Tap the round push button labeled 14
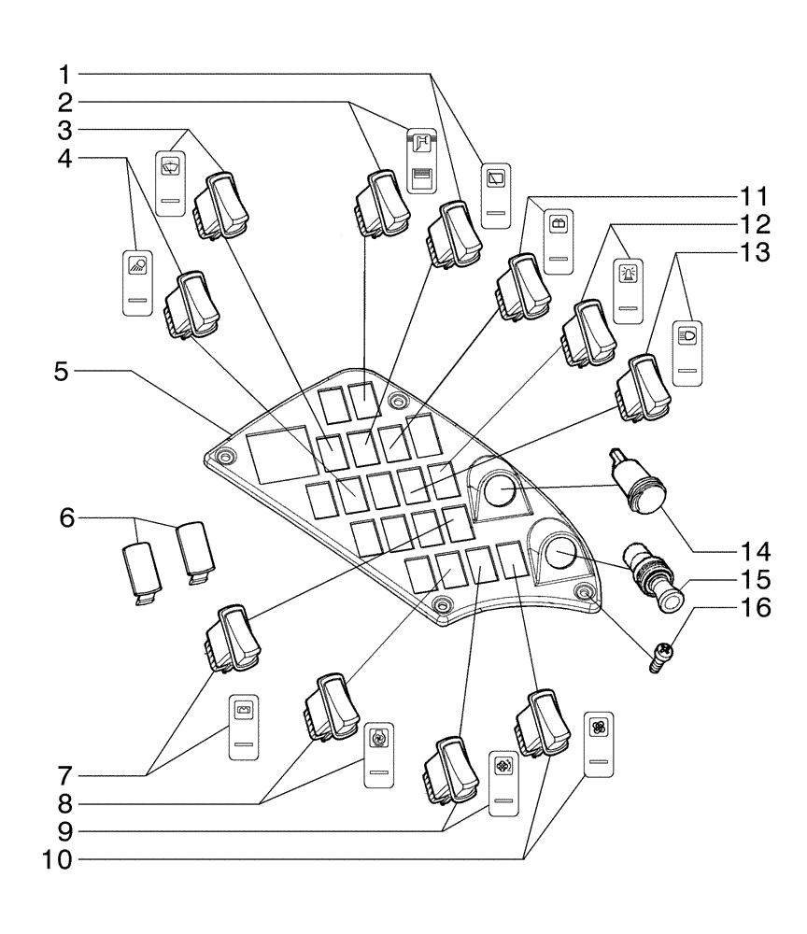[x=637, y=488]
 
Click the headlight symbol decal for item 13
[x=691, y=351]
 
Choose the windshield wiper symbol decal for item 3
[x=171, y=183]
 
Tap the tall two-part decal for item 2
[x=421, y=159]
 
